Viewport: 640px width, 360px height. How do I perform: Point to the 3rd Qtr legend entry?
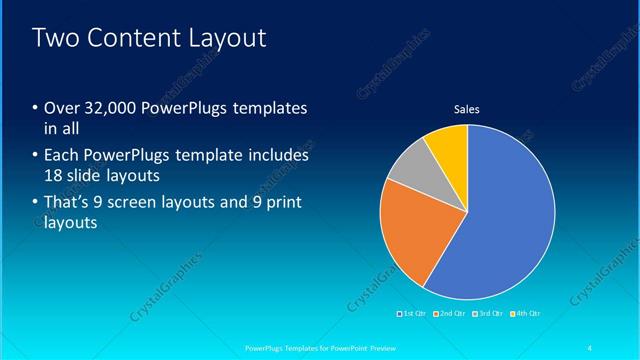487,314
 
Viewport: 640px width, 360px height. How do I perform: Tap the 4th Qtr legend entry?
524,314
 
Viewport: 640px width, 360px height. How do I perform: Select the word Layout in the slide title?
228,39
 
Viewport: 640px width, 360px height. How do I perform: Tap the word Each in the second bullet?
62,156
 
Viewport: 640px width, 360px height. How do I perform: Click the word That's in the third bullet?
71,203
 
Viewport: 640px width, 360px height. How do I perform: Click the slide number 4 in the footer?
591,348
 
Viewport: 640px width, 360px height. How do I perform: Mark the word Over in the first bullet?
63,108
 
